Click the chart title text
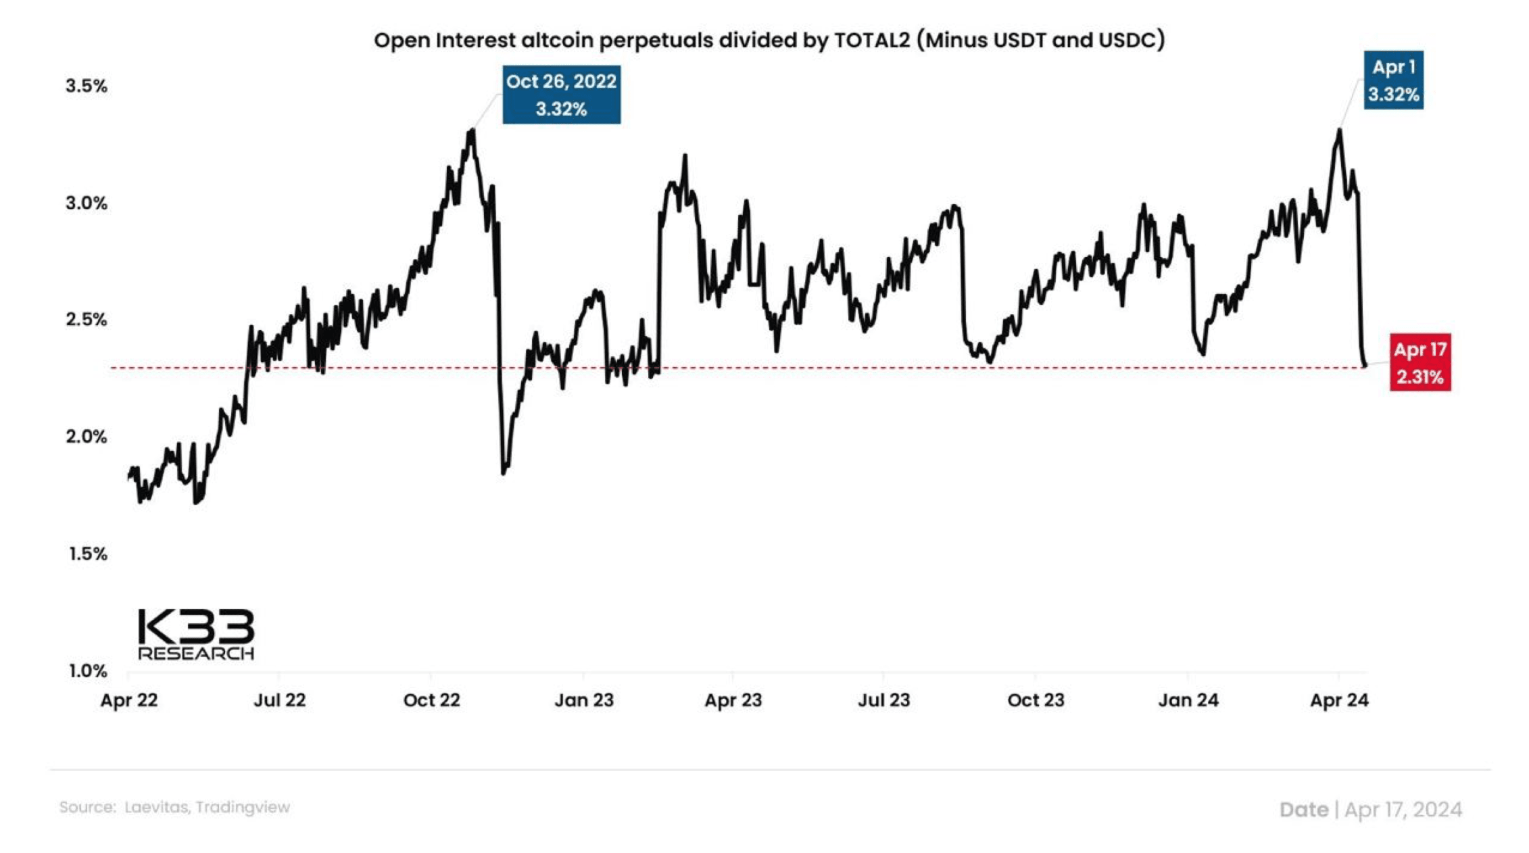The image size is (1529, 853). click(x=769, y=41)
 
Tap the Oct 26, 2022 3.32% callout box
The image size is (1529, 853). click(x=561, y=95)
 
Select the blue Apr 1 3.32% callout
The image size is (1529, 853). click(x=1393, y=80)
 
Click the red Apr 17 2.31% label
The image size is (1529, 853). click(x=1419, y=363)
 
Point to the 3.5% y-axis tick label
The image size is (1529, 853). click(x=87, y=86)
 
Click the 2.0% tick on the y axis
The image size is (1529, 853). click(x=87, y=437)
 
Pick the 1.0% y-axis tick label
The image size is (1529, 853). click(x=88, y=671)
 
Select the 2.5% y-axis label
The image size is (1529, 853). click(x=87, y=320)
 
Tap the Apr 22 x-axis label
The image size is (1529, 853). click(x=128, y=700)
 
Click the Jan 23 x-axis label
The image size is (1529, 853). click(x=584, y=700)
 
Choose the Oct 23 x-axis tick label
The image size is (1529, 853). click(x=1036, y=700)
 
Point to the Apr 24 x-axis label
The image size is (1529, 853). click(x=1339, y=700)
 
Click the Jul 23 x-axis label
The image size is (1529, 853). click(x=883, y=700)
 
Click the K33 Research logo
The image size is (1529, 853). click(x=196, y=634)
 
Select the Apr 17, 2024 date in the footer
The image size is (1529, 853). click(x=1403, y=810)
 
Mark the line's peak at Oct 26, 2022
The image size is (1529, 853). click(x=471, y=130)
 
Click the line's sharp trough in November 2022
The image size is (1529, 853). click(x=504, y=472)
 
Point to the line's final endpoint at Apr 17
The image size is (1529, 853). click(x=1365, y=366)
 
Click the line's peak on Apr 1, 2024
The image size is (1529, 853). click(x=1339, y=130)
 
